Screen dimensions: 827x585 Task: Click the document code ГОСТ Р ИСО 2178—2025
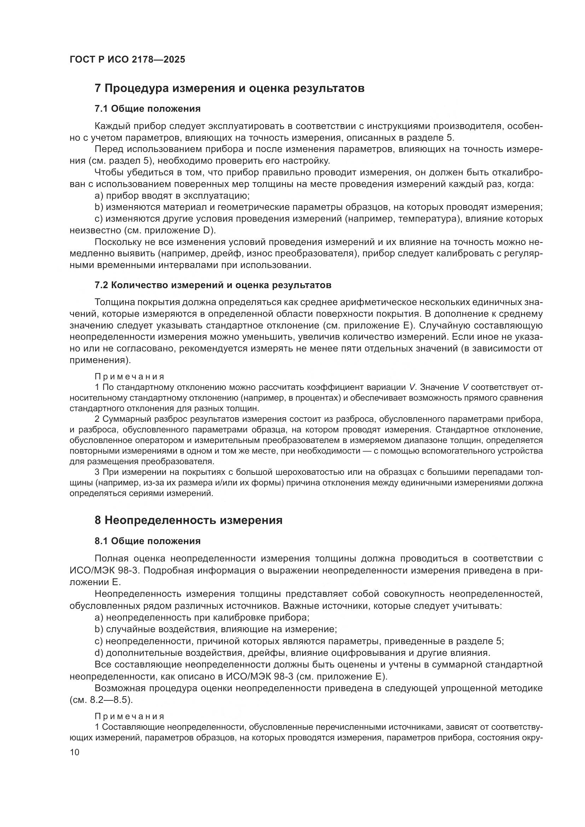point(127,60)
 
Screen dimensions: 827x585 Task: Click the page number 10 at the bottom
point(75,752)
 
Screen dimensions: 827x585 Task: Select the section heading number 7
point(98,88)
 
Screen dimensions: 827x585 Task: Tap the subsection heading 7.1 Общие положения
point(147,109)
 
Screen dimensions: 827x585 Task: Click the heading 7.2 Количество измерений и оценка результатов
point(213,285)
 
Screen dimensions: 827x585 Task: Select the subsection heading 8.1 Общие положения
point(147,541)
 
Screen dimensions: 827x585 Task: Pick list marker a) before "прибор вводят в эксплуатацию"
point(99,196)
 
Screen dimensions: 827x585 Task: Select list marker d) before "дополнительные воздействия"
point(99,653)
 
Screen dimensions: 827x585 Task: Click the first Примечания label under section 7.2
point(130,377)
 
